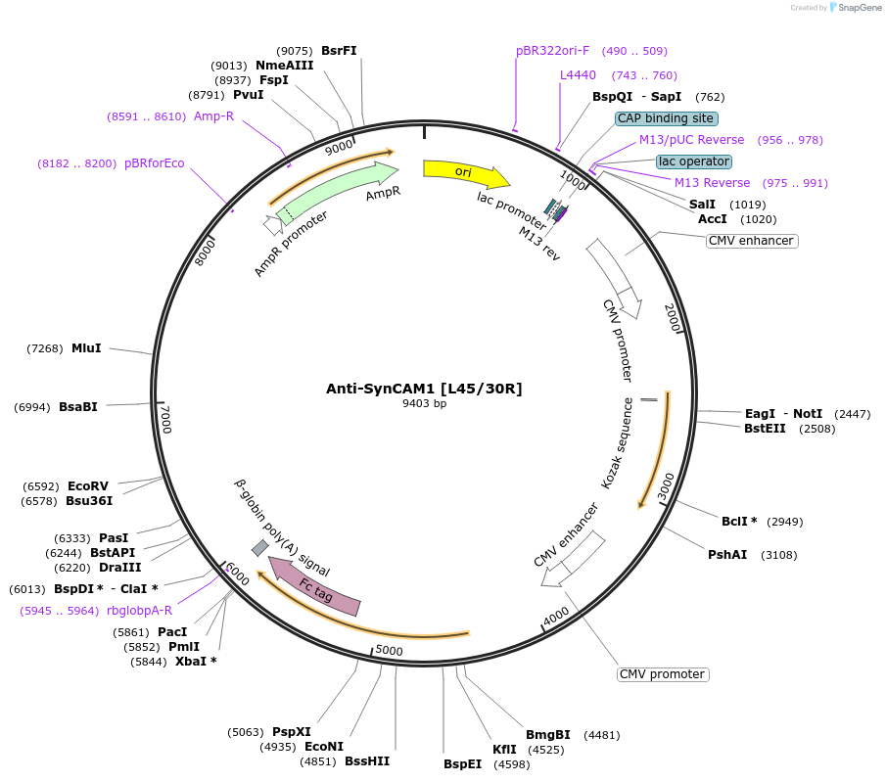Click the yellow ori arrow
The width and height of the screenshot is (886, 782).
tap(464, 172)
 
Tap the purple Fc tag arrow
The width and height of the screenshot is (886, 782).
tap(315, 587)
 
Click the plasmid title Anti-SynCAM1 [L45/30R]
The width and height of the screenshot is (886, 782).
tap(424, 389)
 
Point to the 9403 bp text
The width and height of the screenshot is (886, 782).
tap(424, 403)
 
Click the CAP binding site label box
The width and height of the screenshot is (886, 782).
tap(666, 118)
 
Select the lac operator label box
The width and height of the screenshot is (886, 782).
tap(693, 161)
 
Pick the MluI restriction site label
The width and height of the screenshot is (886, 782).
tap(86, 348)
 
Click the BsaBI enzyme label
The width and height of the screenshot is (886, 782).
tap(78, 407)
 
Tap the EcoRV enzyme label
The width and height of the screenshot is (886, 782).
tap(88, 485)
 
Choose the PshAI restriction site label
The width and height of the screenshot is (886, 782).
tap(727, 555)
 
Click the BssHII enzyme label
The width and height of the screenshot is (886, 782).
tap(367, 760)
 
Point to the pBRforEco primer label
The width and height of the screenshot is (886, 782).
tap(154, 163)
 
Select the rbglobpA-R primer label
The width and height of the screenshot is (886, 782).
tap(139, 610)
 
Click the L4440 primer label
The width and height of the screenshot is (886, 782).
tap(578, 75)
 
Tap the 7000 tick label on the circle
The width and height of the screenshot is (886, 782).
tap(165, 420)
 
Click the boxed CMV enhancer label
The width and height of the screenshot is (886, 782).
tap(751, 241)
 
